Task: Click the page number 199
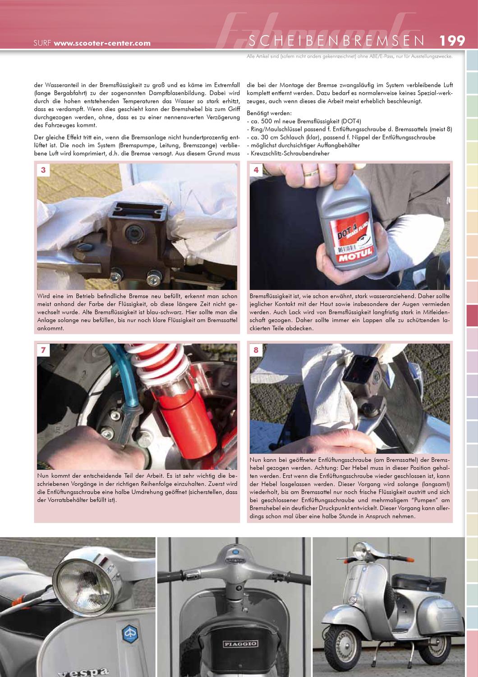[452, 41]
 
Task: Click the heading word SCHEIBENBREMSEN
[336, 41]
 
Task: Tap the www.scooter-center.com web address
[102, 44]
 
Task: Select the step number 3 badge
[43, 170]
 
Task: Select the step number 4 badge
[256, 170]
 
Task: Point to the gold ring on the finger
[310, 172]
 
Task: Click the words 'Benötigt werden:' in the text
[269, 113]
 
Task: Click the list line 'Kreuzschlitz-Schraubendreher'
[289, 153]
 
